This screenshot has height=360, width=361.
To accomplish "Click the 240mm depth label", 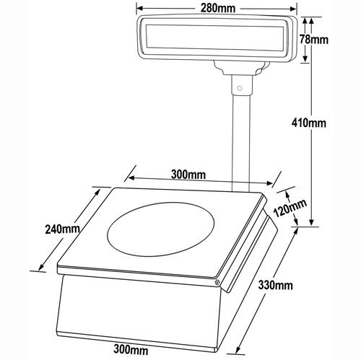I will point(61,229).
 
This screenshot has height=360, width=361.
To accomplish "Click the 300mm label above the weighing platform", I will point(189,175).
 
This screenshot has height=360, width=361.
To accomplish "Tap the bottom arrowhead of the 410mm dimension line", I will point(312,223).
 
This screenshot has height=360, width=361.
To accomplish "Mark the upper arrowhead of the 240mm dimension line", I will point(100,189).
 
